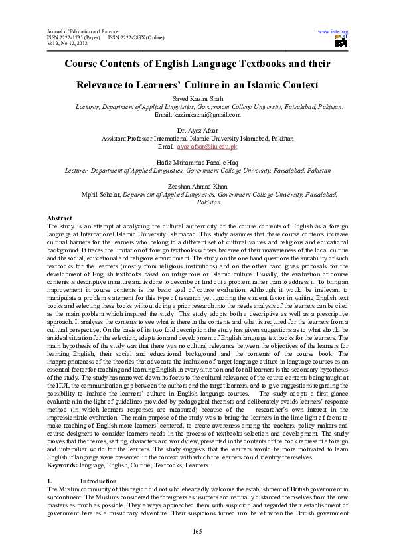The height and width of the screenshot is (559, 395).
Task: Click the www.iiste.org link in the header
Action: tap(334, 31)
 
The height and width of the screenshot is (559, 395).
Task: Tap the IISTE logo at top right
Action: tap(342, 42)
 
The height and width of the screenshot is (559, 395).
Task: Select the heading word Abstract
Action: tap(60, 218)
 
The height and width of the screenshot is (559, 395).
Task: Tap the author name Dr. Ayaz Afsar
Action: tap(197, 131)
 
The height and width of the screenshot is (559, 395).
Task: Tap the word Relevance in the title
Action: tap(111, 86)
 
